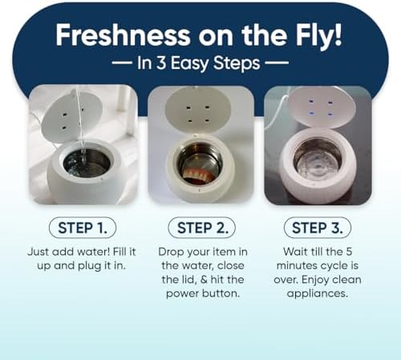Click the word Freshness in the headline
coord(123,34)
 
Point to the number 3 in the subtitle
coord(161,63)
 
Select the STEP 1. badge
coord(83,228)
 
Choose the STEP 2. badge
coord(202,228)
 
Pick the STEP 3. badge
coord(318,228)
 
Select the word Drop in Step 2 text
coord(171,252)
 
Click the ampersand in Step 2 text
coord(204,280)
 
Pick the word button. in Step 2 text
coord(221,293)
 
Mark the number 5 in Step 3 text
coord(349,252)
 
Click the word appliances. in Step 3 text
coord(318,294)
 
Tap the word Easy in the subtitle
coord(189,64)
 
